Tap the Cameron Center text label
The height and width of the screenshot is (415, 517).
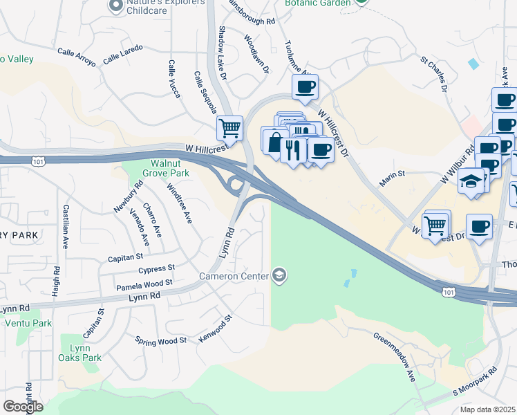pos(234,277)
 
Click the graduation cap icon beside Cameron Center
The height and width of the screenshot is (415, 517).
pos(279,277)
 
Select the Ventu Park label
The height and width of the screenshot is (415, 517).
pos(28,323)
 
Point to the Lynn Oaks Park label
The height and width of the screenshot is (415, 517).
pos(81,352)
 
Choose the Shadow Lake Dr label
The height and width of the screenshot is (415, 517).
pos(223,53)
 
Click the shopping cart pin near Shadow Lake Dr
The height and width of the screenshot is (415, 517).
pos(229,128)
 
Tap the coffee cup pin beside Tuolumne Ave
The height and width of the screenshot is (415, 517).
pos(305,88)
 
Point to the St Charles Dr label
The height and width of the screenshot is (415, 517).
pos(433,75)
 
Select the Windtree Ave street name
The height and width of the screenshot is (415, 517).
pos(179,203)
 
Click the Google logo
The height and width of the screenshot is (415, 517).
pos(23,407)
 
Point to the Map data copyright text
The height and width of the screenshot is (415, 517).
pos(488,409)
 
